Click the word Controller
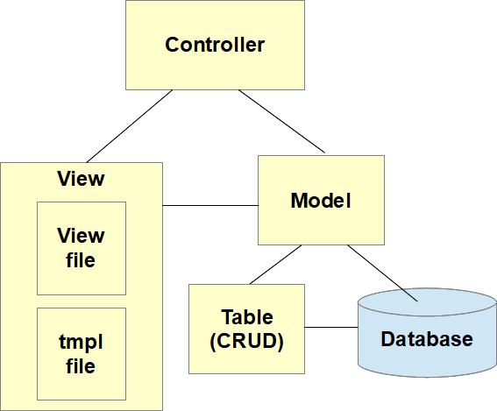215,45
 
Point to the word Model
321,201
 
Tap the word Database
427,339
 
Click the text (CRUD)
247,341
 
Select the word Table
247,317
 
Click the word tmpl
81,341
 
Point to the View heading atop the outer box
81,179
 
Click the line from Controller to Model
282,122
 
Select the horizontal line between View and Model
210,206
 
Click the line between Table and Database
331,328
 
